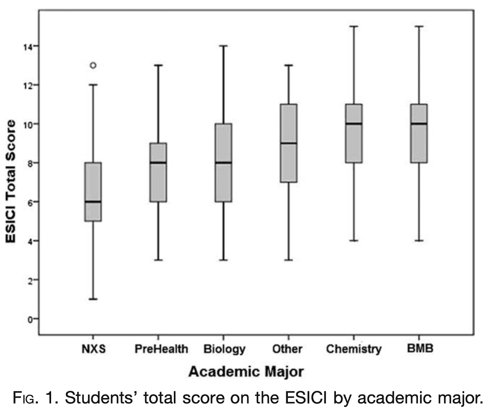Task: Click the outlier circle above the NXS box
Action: pos(93,65)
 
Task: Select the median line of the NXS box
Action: pos(93,202)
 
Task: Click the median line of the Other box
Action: pos(289,143)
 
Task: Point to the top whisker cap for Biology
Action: pos(223,46)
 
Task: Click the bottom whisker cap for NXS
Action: pos(93,299)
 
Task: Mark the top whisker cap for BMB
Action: pos(419,26)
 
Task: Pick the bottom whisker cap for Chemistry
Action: pos(354,241)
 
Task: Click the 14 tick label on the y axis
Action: pos(28,46)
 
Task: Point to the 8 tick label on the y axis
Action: pos(30,163)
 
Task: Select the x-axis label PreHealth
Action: pos(161,349)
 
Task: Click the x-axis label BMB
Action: pos(420,348)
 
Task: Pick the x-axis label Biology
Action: pos(224,349)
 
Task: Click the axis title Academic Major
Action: pos(246,371)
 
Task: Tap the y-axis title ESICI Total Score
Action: pos(11,181)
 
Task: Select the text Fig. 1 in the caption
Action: pos(34,398)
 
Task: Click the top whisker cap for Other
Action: pos(289,65)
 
